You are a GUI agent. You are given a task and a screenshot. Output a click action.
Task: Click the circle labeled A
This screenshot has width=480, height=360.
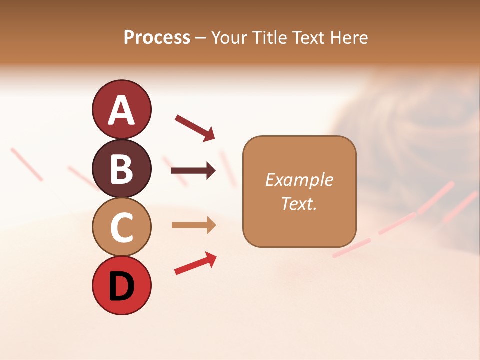(x=122, y=109)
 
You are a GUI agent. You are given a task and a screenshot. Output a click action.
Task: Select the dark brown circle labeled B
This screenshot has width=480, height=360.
(x=122, y=168)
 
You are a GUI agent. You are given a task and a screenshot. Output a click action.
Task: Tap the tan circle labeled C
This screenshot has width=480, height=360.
(x=122, y=227)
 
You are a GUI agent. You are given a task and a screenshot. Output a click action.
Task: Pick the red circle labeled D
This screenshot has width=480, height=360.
(x=122, y=285)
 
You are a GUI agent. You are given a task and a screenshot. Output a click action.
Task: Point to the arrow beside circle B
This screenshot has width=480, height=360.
(x=193, y=171)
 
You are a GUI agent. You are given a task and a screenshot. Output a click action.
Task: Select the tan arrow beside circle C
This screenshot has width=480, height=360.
(x=193, y=225)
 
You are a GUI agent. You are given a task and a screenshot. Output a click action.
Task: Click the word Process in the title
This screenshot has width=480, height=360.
(x=157, y=38)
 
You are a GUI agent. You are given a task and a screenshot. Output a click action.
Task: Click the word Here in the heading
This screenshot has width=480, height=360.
(x=349, y=38)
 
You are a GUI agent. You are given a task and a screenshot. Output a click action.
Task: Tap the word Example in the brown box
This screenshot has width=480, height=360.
(x=299, y=180)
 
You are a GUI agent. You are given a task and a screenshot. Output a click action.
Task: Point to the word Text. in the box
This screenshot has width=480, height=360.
(x=299, y=203)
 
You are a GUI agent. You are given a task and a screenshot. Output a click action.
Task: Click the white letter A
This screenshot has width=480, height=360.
(x=122, y=110)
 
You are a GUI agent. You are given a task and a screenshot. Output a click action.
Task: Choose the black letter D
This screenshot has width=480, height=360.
(x=122, y=286)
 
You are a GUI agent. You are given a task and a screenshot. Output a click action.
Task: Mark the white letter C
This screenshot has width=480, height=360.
(x=122, y=228)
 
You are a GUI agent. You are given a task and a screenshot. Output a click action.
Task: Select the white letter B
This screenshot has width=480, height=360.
(x=122, y=169)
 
